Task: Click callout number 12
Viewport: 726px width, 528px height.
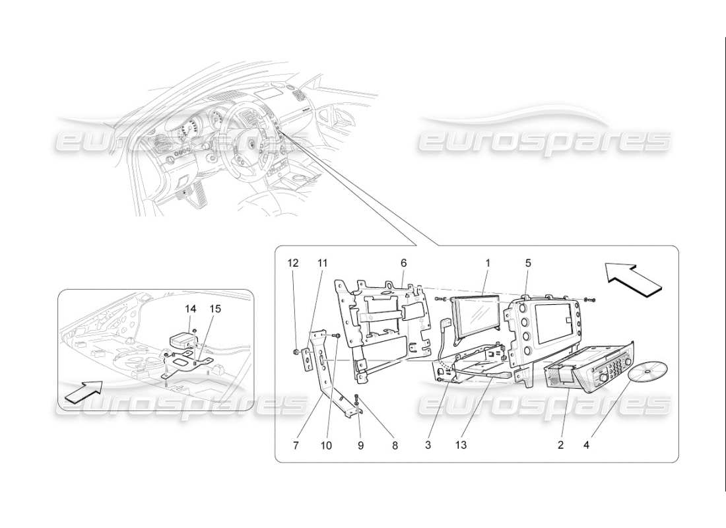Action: click(x=293, y=263)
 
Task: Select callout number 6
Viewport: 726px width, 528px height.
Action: click(x=403, y=263)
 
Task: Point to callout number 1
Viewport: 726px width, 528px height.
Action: click(x=488, y=263)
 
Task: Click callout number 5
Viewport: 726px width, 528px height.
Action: click(x=528, y=263)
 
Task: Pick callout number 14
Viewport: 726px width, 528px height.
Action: click(x=191, y=308)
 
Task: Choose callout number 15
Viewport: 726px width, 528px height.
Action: click(x=215, y=308)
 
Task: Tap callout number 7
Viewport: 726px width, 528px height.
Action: click(x=296, y=445)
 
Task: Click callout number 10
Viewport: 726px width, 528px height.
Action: click(x=326, y=445)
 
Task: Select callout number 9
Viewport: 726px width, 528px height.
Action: click(x=360, y=445)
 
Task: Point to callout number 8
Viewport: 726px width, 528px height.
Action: click(x=394, y=445)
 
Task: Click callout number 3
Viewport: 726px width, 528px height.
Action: click(x=428, y=445)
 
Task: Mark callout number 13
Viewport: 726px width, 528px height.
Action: click(x=461, y=445)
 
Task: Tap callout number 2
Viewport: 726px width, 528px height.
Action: click(x=560, y=445)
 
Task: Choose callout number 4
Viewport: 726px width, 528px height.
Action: click(x=587, y=445)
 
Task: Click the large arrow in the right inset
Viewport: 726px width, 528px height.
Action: click(x=632, y=277)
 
